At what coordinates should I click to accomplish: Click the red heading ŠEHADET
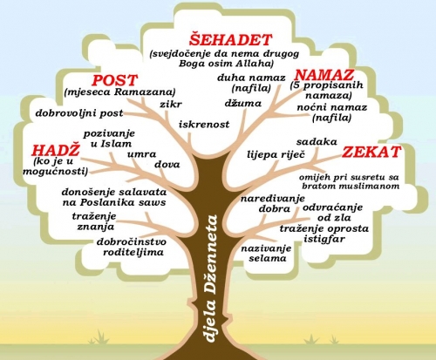pos(230,39)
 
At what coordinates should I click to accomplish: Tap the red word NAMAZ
pos(324,75)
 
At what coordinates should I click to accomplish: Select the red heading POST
pos(115,80)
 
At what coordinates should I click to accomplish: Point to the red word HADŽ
pos(56,150)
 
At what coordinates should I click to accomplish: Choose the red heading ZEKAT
pos(371,152)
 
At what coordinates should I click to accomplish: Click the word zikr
pos(171,104)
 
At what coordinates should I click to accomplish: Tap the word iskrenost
pos(204,125)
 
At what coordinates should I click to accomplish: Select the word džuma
pos(243,103)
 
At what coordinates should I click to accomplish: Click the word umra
pos(142,154)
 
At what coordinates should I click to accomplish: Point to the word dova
pos(167,165)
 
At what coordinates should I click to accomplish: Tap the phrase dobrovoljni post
pos(79,113)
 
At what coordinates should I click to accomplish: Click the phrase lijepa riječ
pos(276,154)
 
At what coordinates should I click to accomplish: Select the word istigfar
pos(324,239)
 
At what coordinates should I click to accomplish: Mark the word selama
pos(268,258)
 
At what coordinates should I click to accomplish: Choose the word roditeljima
pos(133,252)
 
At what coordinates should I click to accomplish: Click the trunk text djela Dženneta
pos(211,278)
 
